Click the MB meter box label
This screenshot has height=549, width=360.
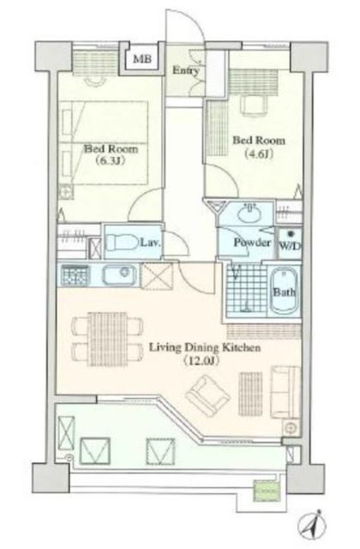[x=142, y=58]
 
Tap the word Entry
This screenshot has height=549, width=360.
[x=185, y=70]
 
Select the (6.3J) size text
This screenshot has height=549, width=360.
[x=111, y=160]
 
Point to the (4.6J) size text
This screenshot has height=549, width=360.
[x=259, y=154]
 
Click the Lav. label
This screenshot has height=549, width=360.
[x=151, y=242]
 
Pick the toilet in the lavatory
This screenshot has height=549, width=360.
[x=122, y=242]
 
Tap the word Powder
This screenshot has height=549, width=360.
[x=252, y=242]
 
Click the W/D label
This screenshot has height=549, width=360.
[x=290, y=246]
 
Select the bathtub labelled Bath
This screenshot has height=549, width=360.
[x=285, y=292]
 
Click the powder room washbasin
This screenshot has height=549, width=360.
[x=249, y=214]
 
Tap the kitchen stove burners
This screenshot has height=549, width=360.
[x=75, y=274]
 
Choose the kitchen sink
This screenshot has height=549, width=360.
[x=119, y=275]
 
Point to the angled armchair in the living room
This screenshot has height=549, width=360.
[x=207, y=395]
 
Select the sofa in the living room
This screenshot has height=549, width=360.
[x=285, y=392]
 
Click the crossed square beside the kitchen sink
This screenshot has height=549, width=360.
[x=157, y=276]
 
